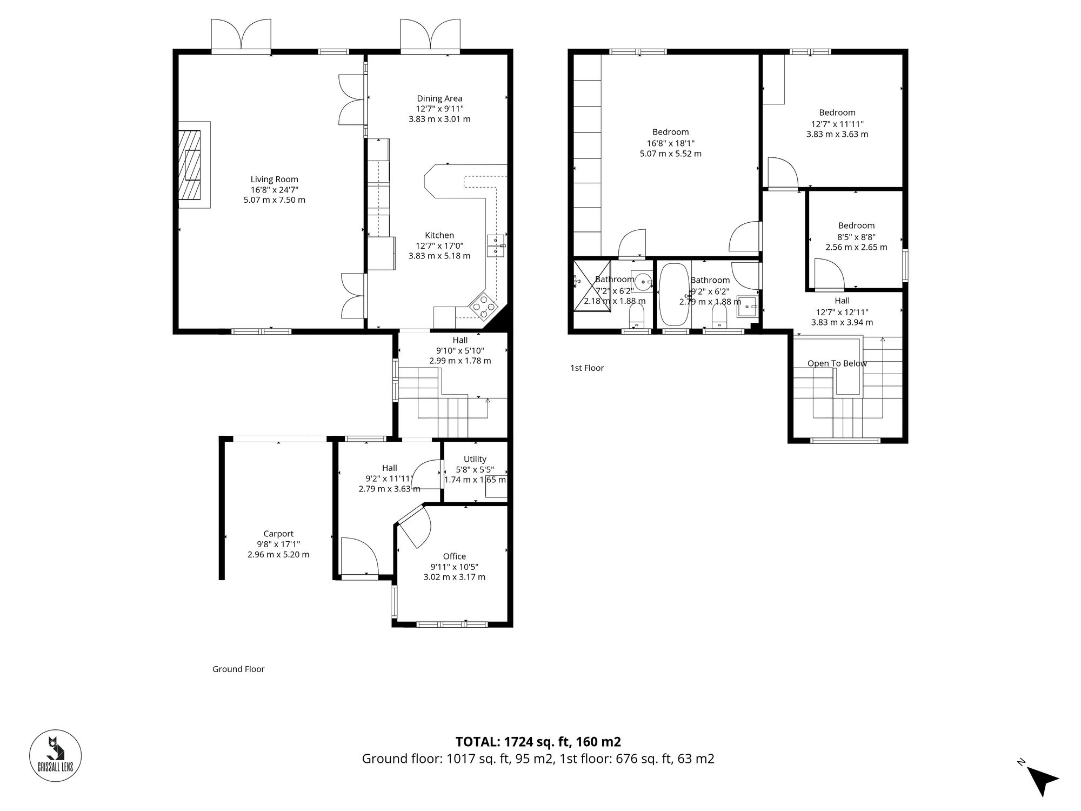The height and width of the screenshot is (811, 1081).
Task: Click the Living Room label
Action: [x=274, y=180]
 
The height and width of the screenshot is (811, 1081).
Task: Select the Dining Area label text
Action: [x=439, y=98]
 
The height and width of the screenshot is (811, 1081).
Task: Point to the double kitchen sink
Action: [x=496, y=246]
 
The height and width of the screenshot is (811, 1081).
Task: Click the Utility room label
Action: [x=475, y=459]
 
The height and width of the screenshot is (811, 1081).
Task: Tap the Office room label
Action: [x=454, y=556]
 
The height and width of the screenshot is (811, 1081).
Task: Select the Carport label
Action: [x=278, y=534]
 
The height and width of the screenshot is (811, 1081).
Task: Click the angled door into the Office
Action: [x=415, y=526]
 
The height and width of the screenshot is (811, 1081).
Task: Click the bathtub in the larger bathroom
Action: [x=673, y=294]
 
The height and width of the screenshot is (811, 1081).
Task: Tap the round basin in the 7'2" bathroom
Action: [x=643, y=281]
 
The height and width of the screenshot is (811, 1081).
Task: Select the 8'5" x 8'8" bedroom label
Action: [x=856, y=225]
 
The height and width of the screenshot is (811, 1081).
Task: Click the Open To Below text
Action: [x=837, y=363]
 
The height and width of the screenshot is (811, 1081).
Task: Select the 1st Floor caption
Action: [x=587, y=368]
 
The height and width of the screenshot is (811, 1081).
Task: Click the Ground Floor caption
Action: [x=238, y=669]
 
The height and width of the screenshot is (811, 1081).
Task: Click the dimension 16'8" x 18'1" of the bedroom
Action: [x=670, y=143]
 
